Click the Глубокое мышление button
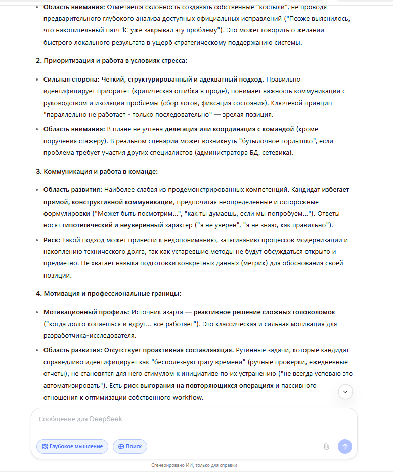(72, 446)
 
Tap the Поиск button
(130, 446)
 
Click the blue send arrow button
(345, 446)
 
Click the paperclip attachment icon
(326, 446)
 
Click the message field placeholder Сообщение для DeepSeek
(80, 419)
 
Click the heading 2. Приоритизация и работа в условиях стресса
(111, 61)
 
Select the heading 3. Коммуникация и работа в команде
(97, 171)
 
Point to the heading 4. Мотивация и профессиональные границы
(108, 293)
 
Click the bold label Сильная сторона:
(70, 80)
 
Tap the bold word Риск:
(53, 240)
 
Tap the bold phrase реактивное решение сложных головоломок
(264, 312)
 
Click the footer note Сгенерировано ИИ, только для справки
(194, 465)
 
